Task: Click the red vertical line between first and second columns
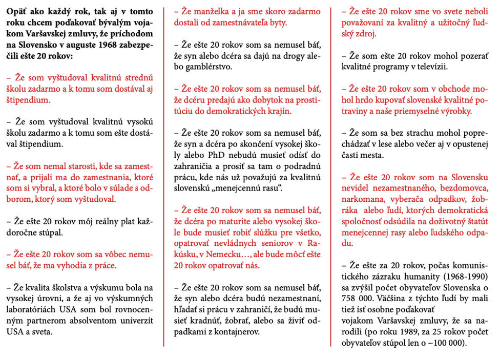pos(164,174)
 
